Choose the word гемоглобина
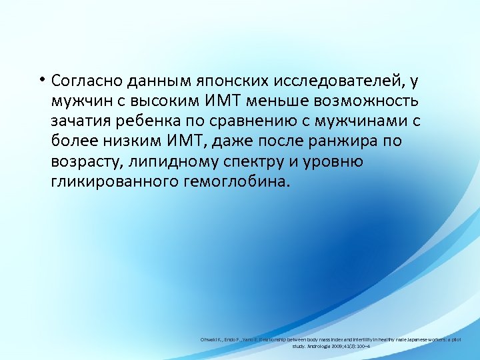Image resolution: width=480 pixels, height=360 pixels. [235, 182]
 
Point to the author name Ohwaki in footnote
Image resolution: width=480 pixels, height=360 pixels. [211, 339]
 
